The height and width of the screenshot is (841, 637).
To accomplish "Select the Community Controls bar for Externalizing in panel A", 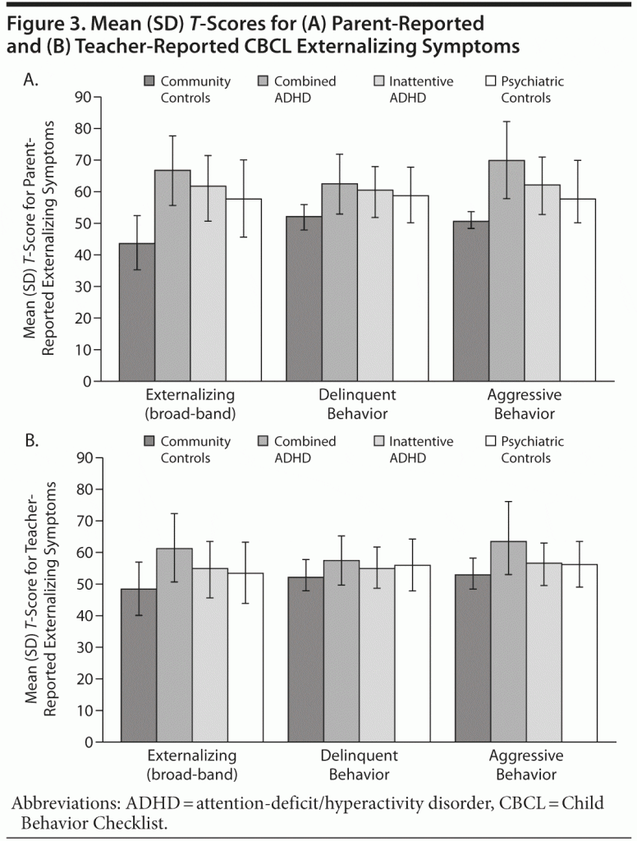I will click(x=136, y=312).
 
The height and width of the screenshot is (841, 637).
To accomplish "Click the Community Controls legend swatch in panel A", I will click(x=149, y=82).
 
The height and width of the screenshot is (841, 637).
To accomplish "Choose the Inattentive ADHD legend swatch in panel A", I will click(x=378, y=82).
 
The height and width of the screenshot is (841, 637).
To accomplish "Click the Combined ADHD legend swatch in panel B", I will click(x=264, y=442).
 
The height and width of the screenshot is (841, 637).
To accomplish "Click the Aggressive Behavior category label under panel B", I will click(x=525, y=764).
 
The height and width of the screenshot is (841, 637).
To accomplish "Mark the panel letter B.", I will click(x=31, y=442).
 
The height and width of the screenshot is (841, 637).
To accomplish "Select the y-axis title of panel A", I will click(x=39, y=238).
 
